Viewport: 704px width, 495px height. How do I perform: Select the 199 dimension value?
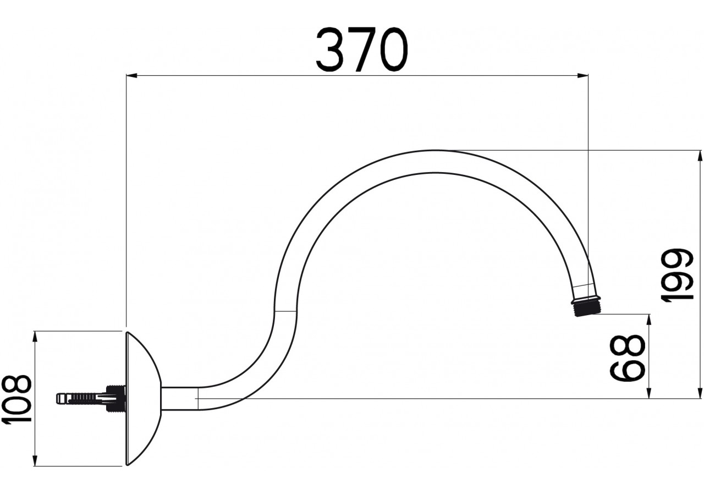[678, 275]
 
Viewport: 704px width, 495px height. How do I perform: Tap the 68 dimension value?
[628, 358]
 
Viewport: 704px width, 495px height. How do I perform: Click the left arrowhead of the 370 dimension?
[131, 75]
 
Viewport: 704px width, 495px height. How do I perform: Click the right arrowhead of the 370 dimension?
[584, 75]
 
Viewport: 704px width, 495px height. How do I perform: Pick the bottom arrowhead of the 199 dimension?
[700, 393]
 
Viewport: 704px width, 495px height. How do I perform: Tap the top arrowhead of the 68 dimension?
[650, 320]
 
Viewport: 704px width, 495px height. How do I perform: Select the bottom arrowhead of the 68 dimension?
[650, 393]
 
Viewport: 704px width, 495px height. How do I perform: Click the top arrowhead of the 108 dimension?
[35, 336]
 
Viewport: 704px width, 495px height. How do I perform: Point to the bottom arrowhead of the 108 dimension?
[35, 461]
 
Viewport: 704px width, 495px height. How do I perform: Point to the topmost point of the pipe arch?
[435, 150]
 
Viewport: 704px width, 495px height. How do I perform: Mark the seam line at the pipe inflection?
[285, 312]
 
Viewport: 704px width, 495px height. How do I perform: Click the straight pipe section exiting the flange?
[179, 398]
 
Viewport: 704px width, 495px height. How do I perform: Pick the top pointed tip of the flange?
[128, 332]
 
